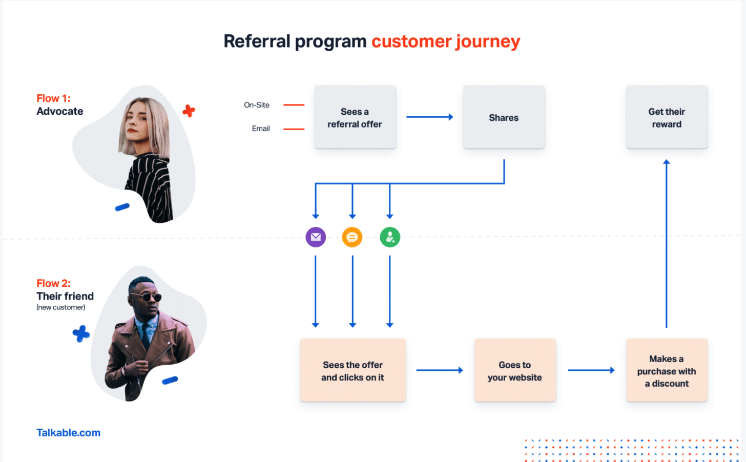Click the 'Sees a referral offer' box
pos(355,117)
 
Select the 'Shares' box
pos(503,117)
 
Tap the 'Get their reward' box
pos(666,117)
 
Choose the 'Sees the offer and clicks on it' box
pos(353,370)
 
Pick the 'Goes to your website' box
pos(514,370)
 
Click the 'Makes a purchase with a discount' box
pos(666,370)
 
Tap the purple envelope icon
pos(316,237)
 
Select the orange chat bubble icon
pos(352,237)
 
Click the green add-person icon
pos(390,237)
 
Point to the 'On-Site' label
pos(257,105)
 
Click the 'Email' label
pos(261,129)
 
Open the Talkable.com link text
pos(68,433)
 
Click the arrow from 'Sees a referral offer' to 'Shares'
pos(429,117)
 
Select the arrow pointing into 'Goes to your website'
pos(439,370)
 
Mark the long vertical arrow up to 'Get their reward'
pos(666,243)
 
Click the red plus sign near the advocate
pos(189,111)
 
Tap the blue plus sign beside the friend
pos(81,334)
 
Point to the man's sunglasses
pos(145,297)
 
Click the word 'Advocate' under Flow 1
pos(60,112)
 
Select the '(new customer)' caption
pos(61,307)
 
